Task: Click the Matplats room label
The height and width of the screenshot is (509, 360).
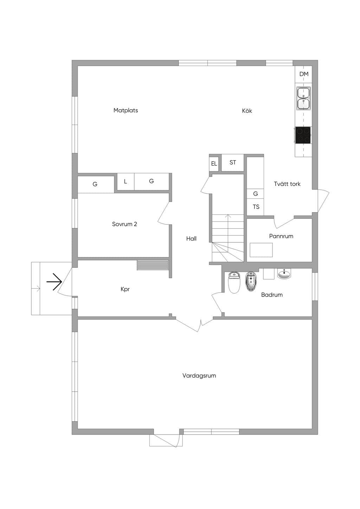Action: [126, 110]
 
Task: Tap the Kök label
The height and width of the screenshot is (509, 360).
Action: [247, 111]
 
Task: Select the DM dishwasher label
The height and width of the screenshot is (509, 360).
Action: [304, 74]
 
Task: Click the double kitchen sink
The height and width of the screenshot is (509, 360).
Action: [304, 98]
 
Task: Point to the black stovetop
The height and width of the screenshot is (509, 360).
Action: [303, 135]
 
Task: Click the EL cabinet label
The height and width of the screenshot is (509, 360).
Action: [214, 164]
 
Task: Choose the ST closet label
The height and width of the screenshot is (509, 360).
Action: [233, 162]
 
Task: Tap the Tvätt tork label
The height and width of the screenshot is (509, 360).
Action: [287, 184]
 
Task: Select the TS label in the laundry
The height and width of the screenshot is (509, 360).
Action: [256, 207]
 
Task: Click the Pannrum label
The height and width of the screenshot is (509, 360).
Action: [281, 236]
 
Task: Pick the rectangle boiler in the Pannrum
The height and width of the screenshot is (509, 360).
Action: [261, 250]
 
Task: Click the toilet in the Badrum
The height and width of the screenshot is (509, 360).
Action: [234, 283]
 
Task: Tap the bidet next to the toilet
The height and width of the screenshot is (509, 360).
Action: [251, 281]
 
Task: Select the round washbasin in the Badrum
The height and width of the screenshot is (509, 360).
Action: [284, 274]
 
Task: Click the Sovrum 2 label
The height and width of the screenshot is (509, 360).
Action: [124, 224]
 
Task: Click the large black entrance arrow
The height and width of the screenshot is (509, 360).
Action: [54, 282]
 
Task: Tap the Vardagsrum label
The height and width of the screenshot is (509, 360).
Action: [199, 376]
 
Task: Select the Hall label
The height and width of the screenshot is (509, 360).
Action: [191, 239]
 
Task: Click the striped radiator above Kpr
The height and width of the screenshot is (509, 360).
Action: [153, 265]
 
